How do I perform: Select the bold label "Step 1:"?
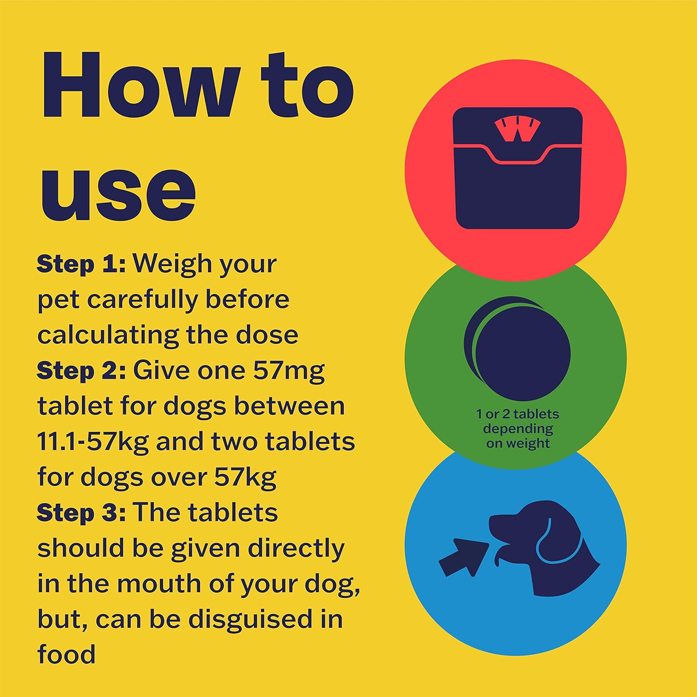click(81, 264)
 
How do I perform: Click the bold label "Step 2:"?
click(81, 371)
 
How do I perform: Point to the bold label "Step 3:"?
click(81, 513)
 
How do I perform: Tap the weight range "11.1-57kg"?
click(93, 442)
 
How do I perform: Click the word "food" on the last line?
click(66, 654)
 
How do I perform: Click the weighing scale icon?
click(518, 168)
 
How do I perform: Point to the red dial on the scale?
click(518, 129)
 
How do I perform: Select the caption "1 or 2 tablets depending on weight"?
click(518, 428)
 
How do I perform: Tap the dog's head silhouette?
click(544, 548)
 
